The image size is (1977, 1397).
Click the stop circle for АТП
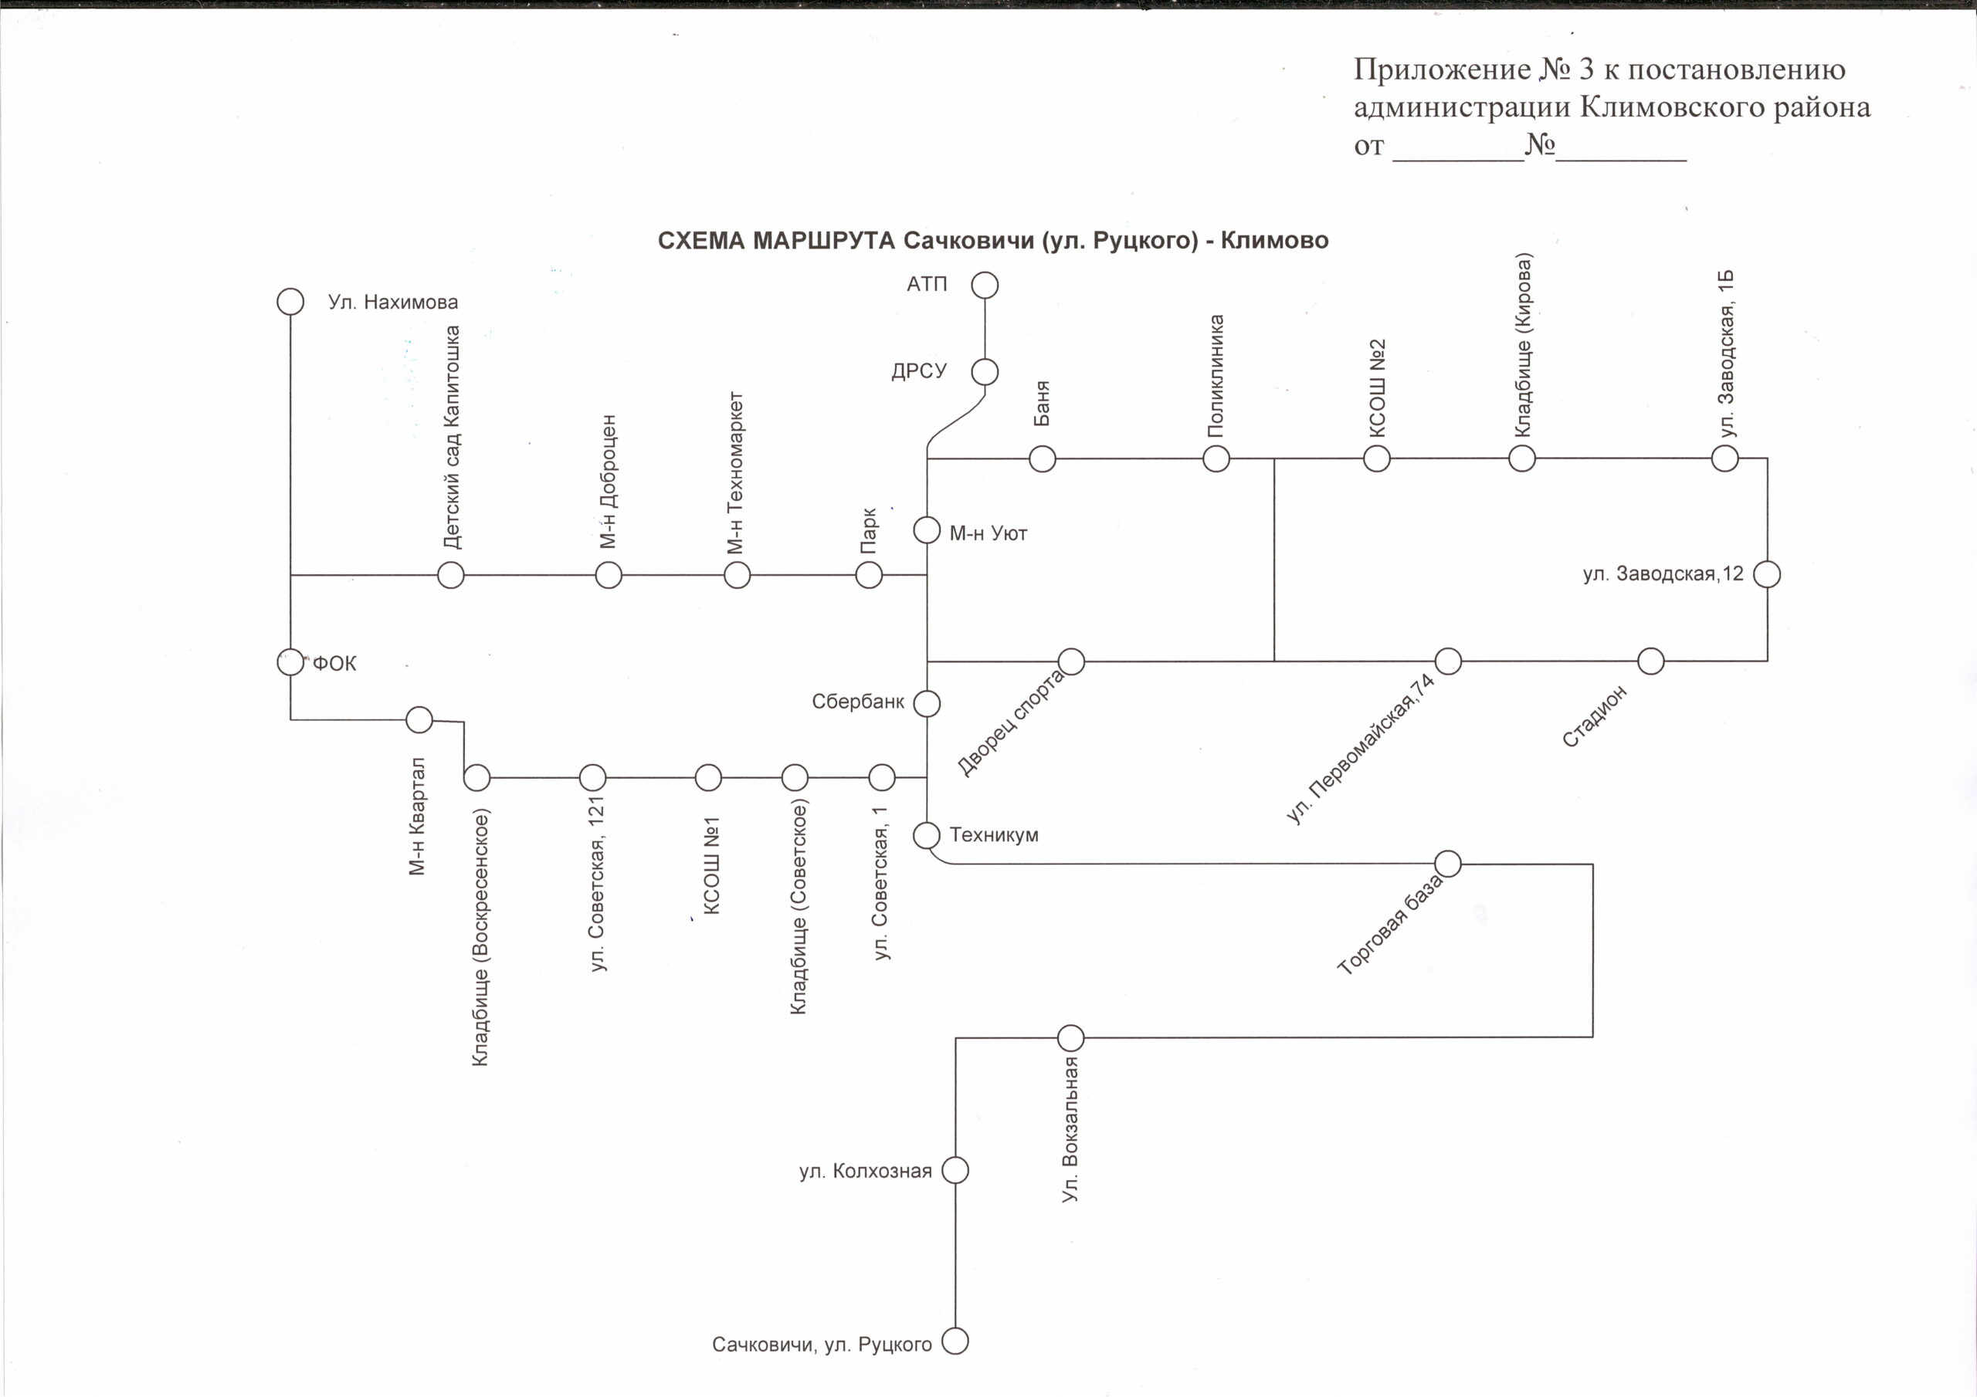click(984, 285)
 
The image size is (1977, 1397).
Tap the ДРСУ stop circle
click(984, 372)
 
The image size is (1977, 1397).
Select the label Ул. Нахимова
click(392, 302)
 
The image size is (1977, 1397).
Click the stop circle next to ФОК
click(290, 662)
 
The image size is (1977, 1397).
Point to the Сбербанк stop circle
click(927, 703)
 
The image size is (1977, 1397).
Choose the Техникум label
click(994, 835)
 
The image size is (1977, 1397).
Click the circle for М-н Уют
click(927, 530)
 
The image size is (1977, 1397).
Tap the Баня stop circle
click(1042, 458)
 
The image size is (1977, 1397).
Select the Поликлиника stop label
click(1216, 376)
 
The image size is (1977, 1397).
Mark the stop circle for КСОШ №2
click(1377, 458)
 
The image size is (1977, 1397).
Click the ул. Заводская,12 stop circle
click(1767, 574)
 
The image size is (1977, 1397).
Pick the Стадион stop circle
click(1650, 661)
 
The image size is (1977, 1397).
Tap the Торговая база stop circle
click(1448, 864)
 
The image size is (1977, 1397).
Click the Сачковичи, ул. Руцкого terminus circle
click(955, 1341)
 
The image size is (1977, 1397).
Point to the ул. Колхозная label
click(866, 1172)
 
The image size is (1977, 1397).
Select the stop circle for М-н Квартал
click(419, 719)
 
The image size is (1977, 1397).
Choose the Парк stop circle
click(869, 575)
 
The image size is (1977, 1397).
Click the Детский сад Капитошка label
click(452, 438)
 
